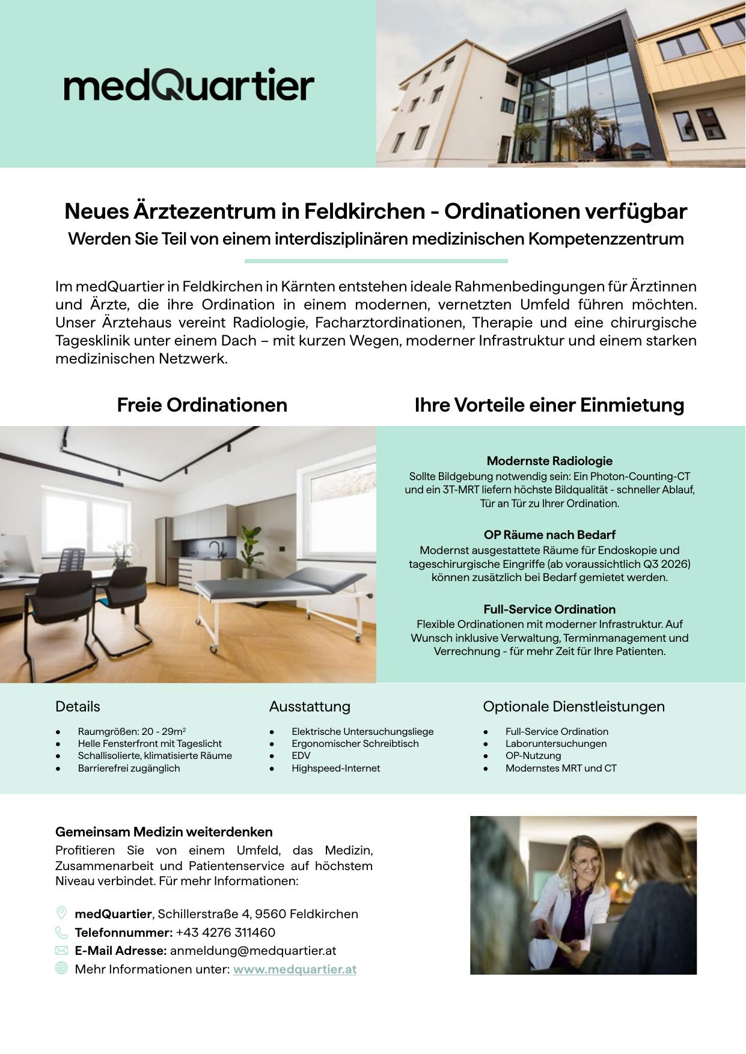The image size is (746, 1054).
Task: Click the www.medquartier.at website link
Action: coord(295,969)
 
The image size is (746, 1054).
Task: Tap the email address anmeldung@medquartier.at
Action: coord(252,951)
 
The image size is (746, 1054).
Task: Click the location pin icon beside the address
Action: coord(61,913)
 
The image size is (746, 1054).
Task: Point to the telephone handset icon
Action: coord(61,933)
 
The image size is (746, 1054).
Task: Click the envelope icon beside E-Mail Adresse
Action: coord(61,951)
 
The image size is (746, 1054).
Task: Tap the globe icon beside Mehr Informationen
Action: coord(61,969)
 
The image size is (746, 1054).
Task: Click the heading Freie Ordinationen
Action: coord(202,405)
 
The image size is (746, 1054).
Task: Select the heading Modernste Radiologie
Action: coord(549,461)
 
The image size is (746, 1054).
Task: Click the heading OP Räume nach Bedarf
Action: coord(549,535)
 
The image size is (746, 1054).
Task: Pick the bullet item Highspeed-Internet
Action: coord(335,768)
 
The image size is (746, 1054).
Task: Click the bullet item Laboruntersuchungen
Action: coord(555,743)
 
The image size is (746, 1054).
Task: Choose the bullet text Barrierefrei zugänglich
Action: coord(129,768)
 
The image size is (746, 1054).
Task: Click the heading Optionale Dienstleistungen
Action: coord(573,707)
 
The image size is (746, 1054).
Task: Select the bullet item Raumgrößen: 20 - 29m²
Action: coord(132,731)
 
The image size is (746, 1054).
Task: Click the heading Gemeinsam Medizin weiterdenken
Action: coord(164,832)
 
